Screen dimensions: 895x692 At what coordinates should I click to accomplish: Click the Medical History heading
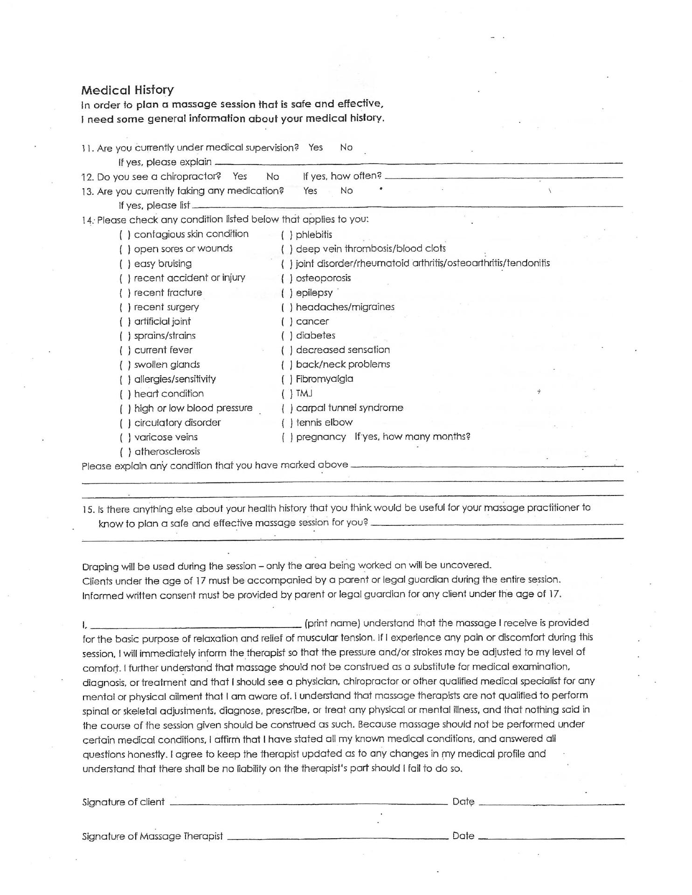click(127, 90)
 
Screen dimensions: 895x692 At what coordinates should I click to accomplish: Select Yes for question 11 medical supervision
click(315, 147)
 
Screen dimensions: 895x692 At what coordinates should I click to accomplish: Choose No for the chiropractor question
click(272, 176)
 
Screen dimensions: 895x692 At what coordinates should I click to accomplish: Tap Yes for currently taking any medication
click(310, 191)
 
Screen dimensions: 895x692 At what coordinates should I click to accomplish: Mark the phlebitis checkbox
click(287, 234)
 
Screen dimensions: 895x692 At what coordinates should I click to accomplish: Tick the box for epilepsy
click(287, 293)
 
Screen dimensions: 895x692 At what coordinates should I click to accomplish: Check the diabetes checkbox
click(287, 336)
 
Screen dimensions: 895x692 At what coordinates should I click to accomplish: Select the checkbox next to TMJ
click(287, 394)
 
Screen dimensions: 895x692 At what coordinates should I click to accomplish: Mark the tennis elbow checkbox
click(287, 423)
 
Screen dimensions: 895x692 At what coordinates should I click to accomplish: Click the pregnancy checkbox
click(287, 437)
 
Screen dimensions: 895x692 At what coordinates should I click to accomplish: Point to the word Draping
click(100, 567)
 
